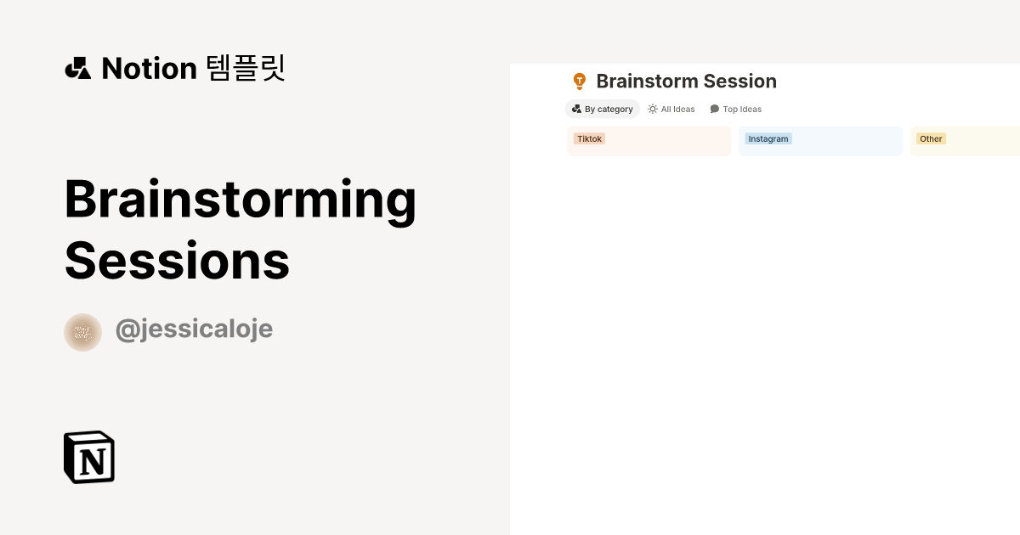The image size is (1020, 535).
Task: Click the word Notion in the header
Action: (x=149, y=68)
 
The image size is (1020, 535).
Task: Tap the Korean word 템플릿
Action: (x=246, y=68)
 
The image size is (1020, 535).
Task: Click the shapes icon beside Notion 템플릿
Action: (x=77, y=68)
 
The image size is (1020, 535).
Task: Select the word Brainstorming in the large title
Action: (x=240, y=200)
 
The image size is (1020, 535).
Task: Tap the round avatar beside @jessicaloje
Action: (x=82, y=332)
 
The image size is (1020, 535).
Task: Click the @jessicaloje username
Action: (x=194, y=329)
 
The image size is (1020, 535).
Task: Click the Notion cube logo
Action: (x=89, y=458)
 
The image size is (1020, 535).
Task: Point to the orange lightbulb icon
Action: (x=580, y=82)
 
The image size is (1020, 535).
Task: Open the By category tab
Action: (x=603, y=109)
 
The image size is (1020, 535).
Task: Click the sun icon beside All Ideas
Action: (x=653, y=109)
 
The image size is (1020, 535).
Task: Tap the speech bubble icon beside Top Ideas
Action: (x=715, y=109)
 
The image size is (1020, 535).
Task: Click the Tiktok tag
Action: (x=590, y=138)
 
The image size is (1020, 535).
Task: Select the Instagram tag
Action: (x=768, y=138)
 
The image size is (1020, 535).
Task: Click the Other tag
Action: (x=931, y=138)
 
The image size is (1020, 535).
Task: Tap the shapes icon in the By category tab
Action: (x=577, y=109)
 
